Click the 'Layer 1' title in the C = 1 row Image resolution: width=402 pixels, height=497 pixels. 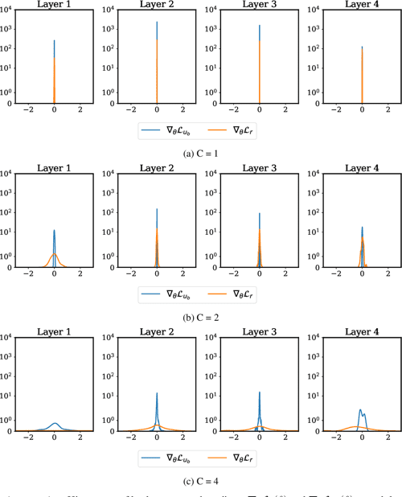54,6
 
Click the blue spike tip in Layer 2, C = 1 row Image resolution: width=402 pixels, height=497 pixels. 157,23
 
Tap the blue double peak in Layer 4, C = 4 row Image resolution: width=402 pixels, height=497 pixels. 362,411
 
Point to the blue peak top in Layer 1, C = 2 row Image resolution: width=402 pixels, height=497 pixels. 54,231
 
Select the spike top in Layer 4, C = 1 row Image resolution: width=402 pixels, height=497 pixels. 363,47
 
